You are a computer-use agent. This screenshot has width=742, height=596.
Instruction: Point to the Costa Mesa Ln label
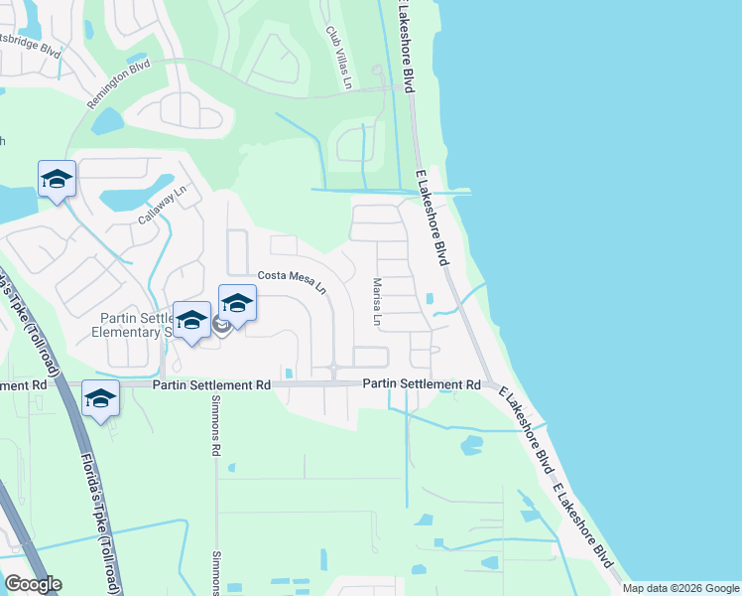293,281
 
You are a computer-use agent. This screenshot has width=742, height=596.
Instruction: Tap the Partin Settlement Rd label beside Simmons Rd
210,384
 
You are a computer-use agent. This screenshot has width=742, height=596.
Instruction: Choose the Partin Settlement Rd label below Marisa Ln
421,384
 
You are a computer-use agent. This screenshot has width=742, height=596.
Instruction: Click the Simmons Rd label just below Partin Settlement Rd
215,428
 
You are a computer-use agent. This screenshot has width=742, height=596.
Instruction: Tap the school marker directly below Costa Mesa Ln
238,303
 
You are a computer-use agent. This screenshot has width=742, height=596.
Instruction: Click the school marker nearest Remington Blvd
57,180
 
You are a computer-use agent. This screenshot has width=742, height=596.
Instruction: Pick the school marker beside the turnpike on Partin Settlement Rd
100,399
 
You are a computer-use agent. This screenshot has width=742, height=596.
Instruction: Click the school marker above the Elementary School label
191,320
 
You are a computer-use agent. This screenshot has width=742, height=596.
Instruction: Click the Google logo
33,584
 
